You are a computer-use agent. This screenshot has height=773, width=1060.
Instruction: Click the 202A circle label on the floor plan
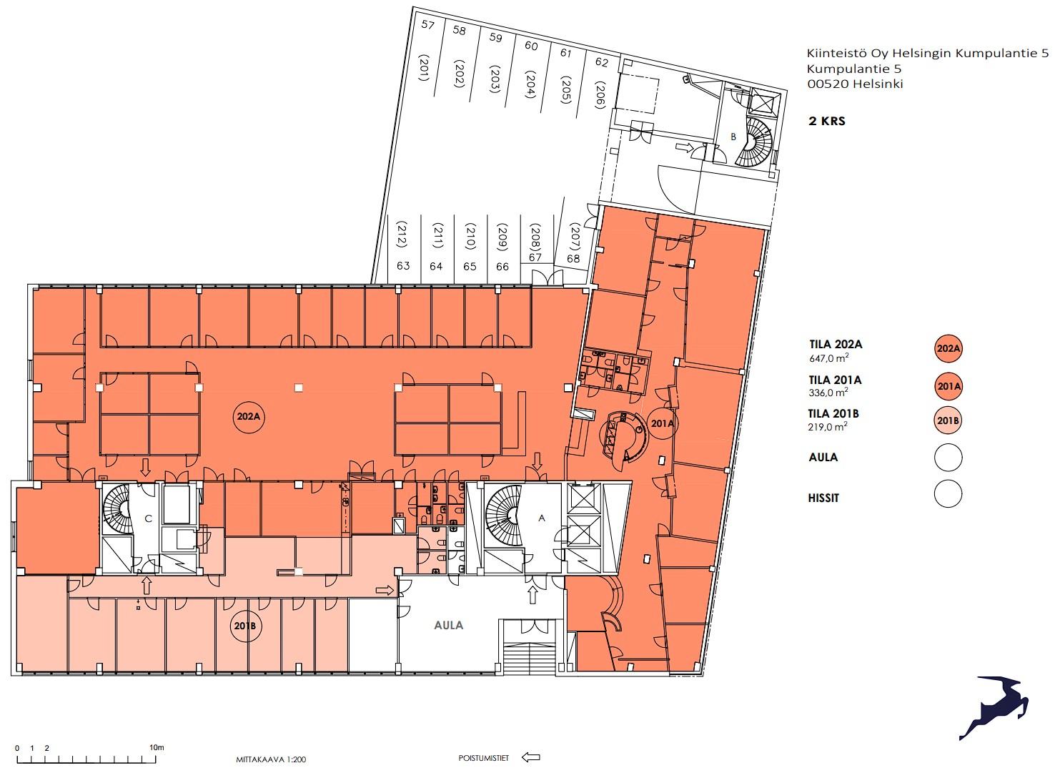249,417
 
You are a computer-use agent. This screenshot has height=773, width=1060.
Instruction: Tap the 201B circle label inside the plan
244,626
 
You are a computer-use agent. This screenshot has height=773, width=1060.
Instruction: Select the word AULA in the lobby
449,625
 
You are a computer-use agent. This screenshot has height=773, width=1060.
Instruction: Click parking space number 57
427,24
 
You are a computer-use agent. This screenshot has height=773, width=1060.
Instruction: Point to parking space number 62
601,62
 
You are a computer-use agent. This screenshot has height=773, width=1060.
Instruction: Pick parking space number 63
403,265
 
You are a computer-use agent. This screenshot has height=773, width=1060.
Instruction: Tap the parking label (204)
530,84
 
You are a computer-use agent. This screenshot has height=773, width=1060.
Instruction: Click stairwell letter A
542,518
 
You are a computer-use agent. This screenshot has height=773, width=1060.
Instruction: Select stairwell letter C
148,519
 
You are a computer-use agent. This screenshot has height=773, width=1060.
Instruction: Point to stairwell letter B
733,137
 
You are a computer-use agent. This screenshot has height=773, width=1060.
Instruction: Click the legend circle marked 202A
948,348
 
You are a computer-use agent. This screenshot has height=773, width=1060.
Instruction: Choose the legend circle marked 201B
948,420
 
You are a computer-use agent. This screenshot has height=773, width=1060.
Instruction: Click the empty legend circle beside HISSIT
948,493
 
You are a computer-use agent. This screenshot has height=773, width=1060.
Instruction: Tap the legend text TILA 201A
836,380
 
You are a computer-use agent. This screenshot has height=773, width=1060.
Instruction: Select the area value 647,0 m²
828,358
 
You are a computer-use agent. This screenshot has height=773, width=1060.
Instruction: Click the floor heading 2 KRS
827,121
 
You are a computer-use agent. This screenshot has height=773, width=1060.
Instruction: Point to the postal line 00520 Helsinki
855,84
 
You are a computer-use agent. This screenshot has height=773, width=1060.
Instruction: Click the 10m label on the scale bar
157,747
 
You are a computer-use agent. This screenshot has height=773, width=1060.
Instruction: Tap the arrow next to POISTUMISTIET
530,757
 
